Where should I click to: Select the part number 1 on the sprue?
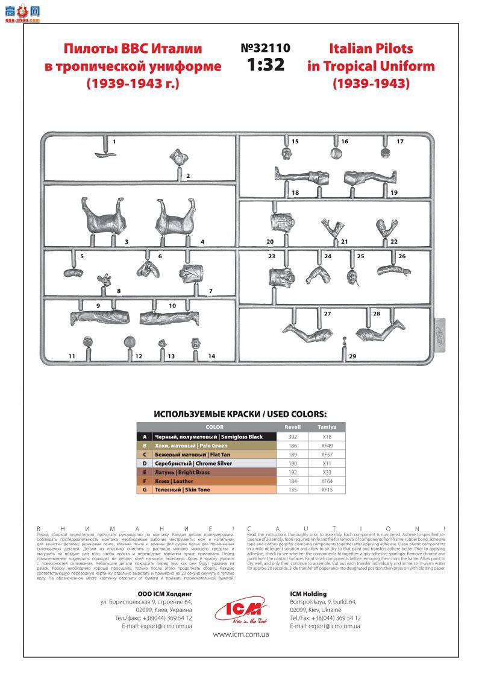(114, 142)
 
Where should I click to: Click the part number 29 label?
(352, 356)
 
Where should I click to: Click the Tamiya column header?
(327, 427)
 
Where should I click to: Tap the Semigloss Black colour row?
(208, 437)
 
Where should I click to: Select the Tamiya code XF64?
(327, 481)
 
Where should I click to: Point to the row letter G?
(143, 490)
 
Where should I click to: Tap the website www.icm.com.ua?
(241, 634)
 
